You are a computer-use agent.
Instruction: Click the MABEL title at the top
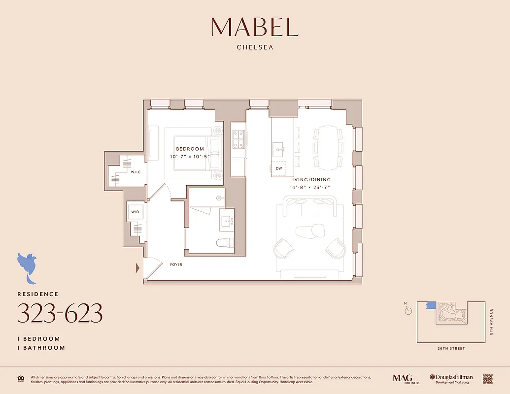(255, 27)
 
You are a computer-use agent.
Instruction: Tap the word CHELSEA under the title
(255, 48)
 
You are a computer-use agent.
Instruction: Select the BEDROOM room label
(190, 149)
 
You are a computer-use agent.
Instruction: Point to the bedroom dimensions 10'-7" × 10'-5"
(190, 157)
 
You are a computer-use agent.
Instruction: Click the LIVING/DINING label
(310, 180)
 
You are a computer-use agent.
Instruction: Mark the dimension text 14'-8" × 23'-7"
(310, 188)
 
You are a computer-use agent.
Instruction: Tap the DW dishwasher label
(279, 168)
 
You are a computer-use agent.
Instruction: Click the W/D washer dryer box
(135, 212)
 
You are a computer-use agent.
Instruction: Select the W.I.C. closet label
(136, 172)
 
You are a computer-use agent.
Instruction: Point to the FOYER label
(176, 265)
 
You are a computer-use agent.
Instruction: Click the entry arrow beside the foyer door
(138, 268)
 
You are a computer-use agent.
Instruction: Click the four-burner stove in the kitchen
(238, 138)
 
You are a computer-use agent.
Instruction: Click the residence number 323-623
(60, 313)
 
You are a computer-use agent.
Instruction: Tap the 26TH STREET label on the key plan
(450, 349)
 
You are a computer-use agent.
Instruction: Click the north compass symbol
(408, 310)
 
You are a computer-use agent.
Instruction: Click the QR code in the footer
(488, 378)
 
